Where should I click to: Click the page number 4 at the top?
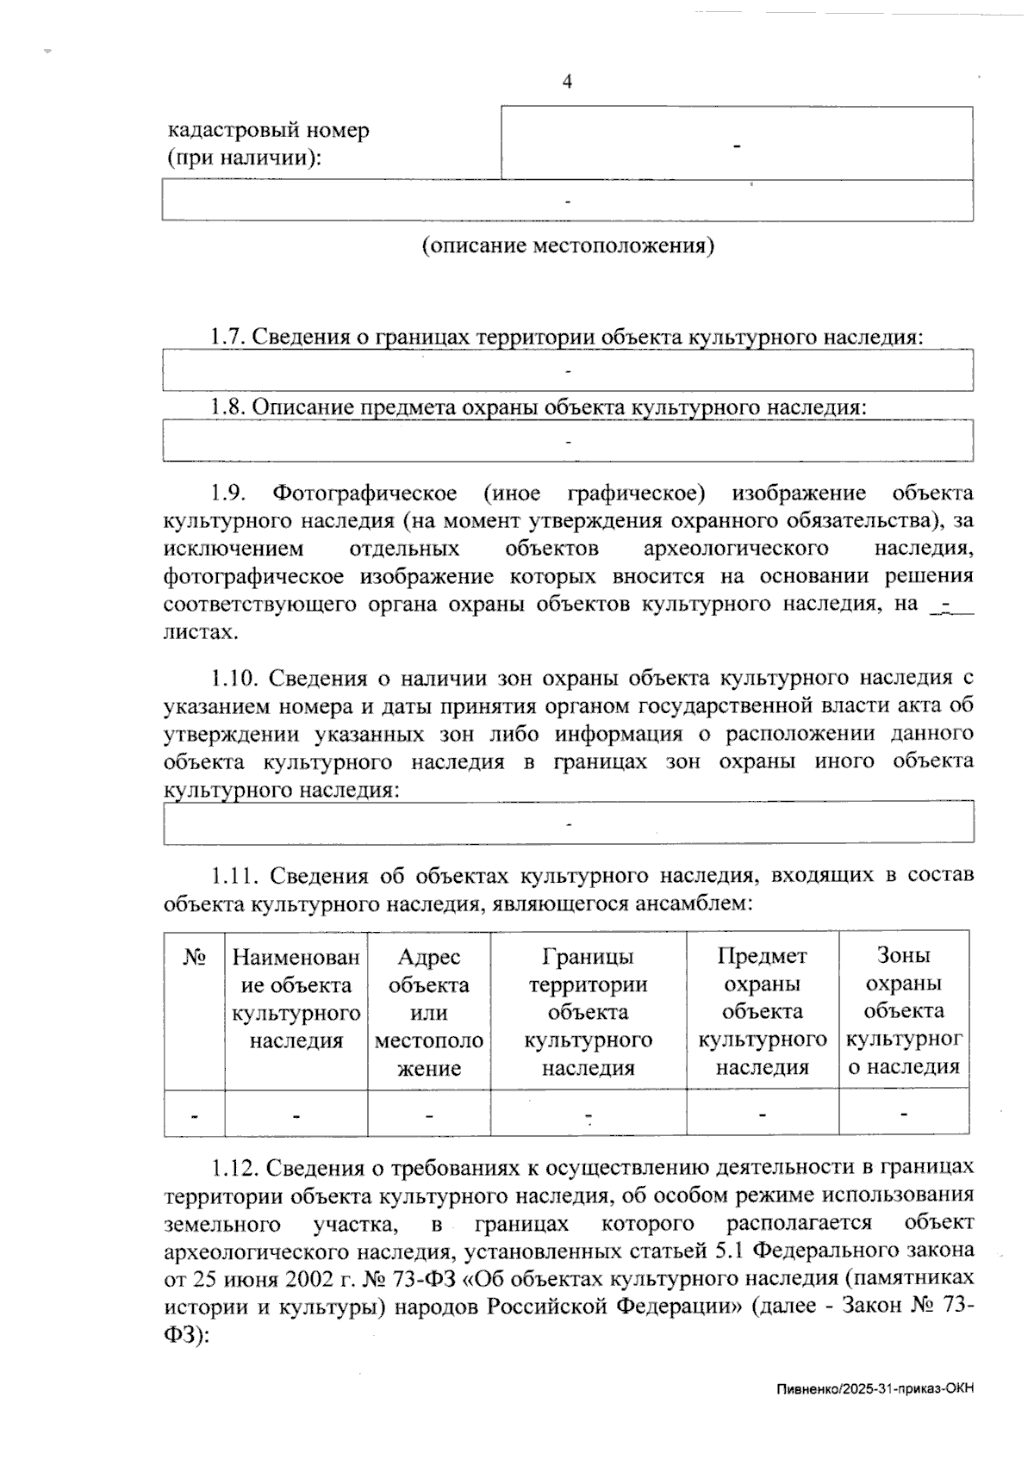(x=567, y=82)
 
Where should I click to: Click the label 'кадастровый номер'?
(x=268, y=131)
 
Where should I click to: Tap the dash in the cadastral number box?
(x=738, y=146)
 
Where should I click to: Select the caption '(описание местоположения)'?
(x=568, y=246)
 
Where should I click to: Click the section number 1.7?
(x=229, y=337)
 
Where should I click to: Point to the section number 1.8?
(x=229, y=407)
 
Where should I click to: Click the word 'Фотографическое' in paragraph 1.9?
(x=364, y=494)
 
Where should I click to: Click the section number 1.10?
(x=234, y=679)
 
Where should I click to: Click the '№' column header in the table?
(x=195, y=957)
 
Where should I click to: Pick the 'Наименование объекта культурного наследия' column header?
(x=296, y=998)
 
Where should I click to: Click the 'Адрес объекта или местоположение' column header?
(x=429, y=1012)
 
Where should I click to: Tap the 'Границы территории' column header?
(x=588, y=1012)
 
